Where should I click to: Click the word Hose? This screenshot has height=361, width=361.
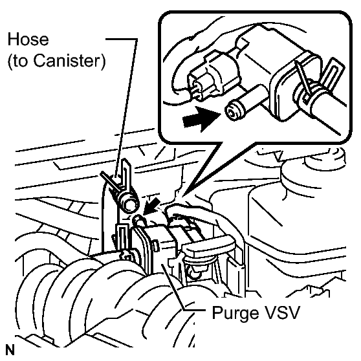28,39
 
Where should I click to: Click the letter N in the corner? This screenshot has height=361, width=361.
10,350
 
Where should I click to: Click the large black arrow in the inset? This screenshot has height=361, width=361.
200,119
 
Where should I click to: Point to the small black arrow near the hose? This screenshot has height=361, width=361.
151,206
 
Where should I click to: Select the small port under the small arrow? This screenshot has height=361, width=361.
138,220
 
